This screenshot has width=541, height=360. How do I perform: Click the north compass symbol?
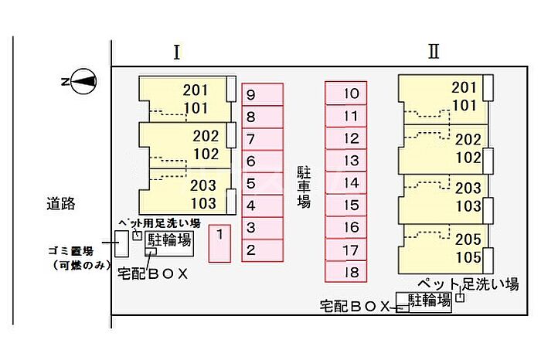[x=83, y=81]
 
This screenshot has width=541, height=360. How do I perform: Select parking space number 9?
[x=263, y=94]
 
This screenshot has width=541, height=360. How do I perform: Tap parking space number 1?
[x=219, y=243]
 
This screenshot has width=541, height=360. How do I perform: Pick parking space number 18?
[x=345, y=272]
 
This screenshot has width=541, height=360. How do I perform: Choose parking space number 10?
[x=345, y=93]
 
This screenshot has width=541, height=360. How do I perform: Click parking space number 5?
[x=263, y=183]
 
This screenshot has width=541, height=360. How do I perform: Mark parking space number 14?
[x=345, y=182]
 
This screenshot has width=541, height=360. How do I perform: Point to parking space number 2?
[x=263, y=250]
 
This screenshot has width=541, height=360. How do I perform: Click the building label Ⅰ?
[x=177, y=53]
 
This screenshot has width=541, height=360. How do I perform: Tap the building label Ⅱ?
[x=434, y=52]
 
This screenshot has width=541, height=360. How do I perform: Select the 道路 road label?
[x=61, y=203]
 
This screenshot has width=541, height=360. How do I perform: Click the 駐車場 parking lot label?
[x=304, y=187]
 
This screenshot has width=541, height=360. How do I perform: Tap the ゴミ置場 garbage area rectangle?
[x=121, y=244]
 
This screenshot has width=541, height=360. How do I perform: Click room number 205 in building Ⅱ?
[x=468, y=239]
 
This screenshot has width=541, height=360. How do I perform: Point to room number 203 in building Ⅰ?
[x=202, y=185]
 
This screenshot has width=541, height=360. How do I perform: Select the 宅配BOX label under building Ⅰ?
[x=153, y=273]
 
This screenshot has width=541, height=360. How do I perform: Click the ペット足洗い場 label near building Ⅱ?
[x=468, y=284]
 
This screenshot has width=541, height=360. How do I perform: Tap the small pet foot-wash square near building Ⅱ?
[x=460, y=297]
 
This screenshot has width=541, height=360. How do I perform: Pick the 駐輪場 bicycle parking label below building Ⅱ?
[x=430, y=301]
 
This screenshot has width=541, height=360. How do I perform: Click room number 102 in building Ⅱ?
[x=468, y=158]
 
